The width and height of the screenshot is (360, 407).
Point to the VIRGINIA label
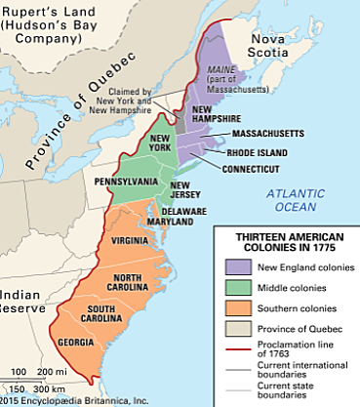[131, 240]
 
